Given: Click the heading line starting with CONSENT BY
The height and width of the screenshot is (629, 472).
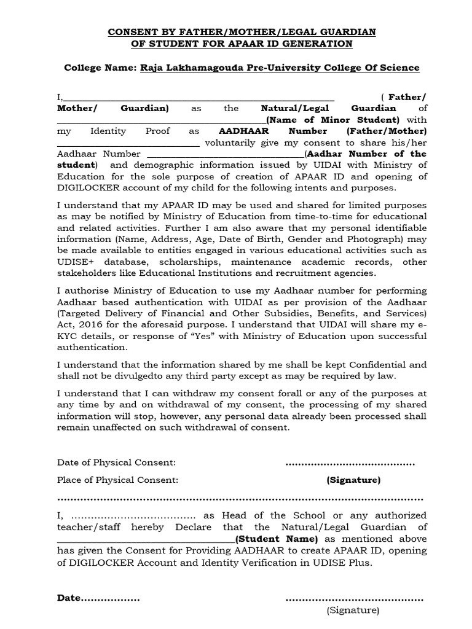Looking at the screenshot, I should tap(243, 32).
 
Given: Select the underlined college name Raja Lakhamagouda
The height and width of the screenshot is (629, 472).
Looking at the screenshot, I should tap(280, 68).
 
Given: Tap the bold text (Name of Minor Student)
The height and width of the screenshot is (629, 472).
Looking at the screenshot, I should tap(332, 120).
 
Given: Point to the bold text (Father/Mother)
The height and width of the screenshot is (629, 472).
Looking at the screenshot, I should tap(387, 131).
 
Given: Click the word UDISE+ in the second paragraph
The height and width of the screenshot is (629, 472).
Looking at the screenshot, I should tap(75, 262).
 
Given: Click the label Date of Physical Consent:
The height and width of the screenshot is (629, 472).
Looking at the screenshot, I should tap(117, 462).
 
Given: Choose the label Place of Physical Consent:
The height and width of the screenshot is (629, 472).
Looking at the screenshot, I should tap(118, 480).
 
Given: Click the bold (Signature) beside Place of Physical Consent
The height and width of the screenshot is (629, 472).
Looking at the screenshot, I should tap(353, 480).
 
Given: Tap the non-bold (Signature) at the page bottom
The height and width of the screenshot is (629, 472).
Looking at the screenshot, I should tap(352, 610).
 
